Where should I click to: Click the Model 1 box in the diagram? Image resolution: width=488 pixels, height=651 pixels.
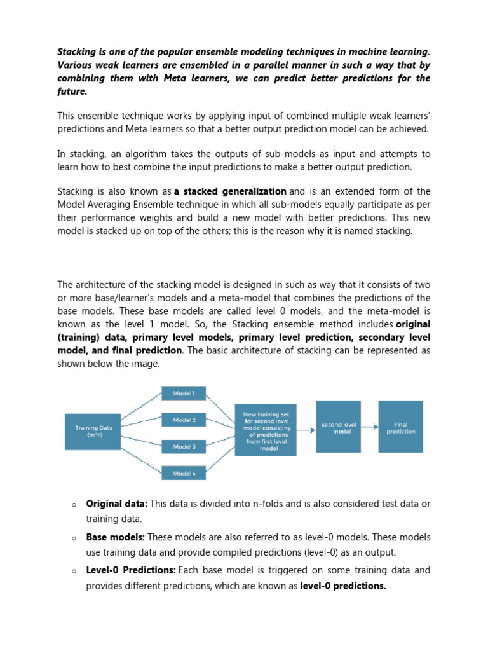coord(184,393)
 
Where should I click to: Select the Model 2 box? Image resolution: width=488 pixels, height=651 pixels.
coord(184,420)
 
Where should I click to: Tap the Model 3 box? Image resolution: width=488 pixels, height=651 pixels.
coord(184,446)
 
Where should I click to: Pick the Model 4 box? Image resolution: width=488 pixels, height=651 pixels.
coord(184,473)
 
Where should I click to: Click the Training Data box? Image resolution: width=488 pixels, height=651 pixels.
coord(93,432)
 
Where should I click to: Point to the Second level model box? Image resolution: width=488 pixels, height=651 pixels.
coord(338,427)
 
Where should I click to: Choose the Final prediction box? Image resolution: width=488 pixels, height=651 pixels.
coord(400,427)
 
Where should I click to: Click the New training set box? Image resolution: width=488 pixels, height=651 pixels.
coord(265,430)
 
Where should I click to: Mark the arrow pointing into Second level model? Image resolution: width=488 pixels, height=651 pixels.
coord(306,430)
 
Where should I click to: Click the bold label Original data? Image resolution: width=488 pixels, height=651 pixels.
coord(117,504)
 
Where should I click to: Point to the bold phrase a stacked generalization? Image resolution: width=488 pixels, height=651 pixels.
coord(230,191)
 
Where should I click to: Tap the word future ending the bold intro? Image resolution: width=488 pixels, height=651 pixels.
coord(71,92)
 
